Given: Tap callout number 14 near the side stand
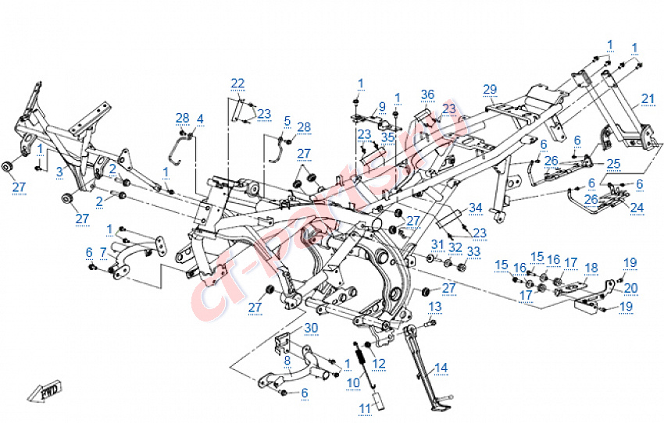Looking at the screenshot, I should point(441,368).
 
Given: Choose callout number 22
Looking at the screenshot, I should point(237,84).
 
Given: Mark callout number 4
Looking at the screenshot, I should point(200,119).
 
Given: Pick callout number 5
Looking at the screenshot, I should point(287,121).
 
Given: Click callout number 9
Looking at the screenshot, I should point(382,107).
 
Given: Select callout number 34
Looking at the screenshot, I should point(476,208).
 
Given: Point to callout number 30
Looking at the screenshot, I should point(289,327).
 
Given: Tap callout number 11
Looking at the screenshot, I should point(365,408).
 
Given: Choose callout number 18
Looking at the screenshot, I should point(591,268).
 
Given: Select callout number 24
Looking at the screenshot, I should point(637,208).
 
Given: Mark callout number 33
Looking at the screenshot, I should point(473,251).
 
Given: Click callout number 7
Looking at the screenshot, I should point(103,253).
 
